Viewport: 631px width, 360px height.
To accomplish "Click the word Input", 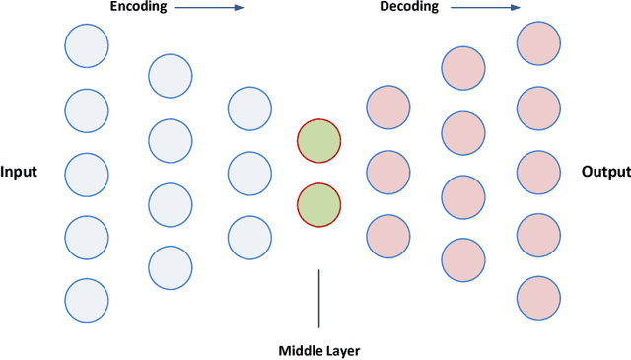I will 19,172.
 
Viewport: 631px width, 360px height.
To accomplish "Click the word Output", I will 605,172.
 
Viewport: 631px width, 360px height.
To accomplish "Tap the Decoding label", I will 410,7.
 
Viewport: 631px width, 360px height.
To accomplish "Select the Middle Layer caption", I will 318,349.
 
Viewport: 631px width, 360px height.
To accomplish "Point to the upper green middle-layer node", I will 318,141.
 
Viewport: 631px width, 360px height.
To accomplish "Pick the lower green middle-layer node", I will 318,204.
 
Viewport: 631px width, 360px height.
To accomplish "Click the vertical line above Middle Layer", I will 318,298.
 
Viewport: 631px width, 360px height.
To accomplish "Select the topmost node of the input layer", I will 87,44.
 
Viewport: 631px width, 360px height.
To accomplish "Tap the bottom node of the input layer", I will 87,299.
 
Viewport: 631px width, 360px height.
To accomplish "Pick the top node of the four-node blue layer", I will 171,76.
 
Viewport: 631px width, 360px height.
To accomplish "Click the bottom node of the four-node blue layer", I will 171,267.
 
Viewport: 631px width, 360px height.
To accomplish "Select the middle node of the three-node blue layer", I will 249,173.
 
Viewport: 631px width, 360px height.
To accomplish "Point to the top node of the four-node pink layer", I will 463,67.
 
